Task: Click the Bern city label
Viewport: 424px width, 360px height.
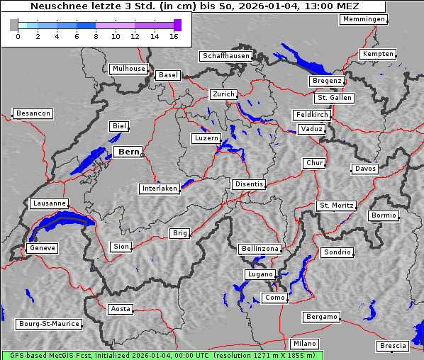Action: (x=128, y=152)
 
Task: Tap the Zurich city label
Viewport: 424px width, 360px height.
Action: (x=223, y=94)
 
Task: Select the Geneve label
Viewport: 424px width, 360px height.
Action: (x=42, y=248)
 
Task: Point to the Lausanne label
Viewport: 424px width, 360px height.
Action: (x=49, y=203)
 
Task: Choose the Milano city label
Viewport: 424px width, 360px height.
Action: (x=306, y=343)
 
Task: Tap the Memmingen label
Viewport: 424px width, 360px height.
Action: (x=364, y=19)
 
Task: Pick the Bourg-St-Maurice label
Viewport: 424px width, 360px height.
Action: (x=49, y=324)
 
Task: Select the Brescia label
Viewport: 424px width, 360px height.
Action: (x=393, y=346)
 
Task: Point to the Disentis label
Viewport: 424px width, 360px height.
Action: (x=249, y=184)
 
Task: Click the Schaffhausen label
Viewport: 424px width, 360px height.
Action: (x=225, y=55)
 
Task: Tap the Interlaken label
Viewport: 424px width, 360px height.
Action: (x=160, y=189)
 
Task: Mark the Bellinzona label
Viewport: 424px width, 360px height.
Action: (x=260, y=249)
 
